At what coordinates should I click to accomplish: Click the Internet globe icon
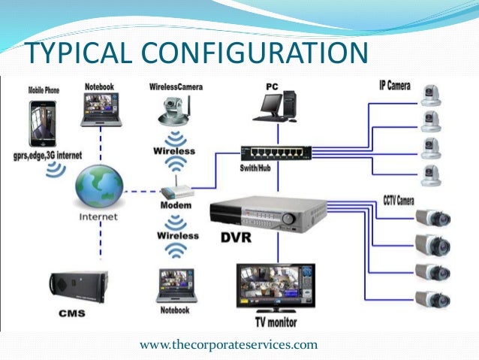[100, 186]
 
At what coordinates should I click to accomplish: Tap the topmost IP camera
[432, 92]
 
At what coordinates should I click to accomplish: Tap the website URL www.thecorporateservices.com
[229, 345]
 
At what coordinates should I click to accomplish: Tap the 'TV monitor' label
[276, 323]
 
